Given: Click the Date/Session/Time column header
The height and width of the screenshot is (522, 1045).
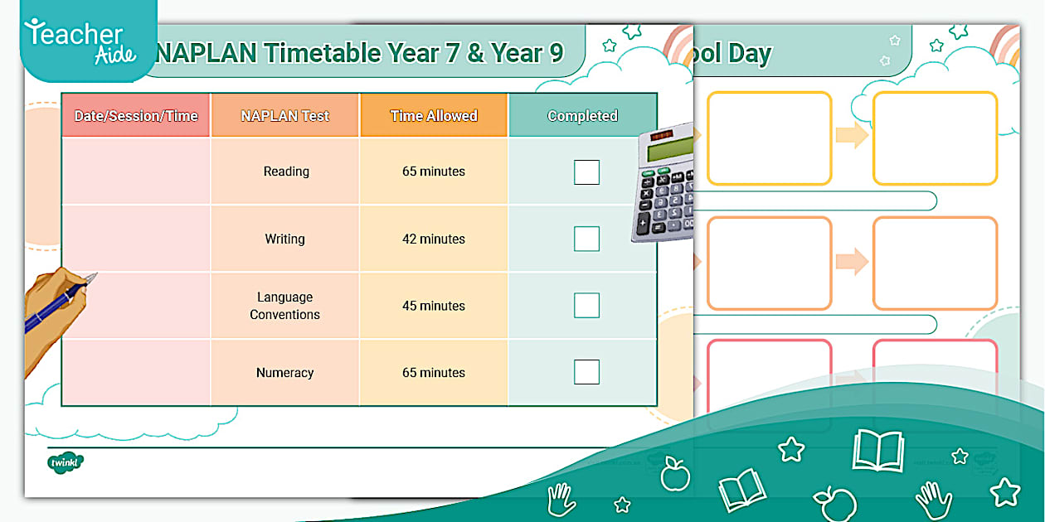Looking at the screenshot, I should point(136,115).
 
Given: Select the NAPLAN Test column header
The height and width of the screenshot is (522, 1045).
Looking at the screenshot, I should point(284,115).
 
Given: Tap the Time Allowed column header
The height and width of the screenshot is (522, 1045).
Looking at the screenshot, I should point(433,115).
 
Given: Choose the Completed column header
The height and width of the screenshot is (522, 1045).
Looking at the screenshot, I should point(582,115).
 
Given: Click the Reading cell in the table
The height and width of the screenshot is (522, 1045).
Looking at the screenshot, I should point(285,172).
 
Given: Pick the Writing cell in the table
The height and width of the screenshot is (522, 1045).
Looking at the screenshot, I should point(284,239).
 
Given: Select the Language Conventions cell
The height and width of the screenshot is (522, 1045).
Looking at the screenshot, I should point(284,306).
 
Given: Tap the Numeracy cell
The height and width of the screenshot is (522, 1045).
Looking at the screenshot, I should point(284,373).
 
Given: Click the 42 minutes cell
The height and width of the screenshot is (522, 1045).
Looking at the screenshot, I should point(433,239).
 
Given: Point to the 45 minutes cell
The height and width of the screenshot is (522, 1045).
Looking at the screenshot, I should point(433,306).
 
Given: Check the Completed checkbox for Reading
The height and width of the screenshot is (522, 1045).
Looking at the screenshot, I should point(586,172).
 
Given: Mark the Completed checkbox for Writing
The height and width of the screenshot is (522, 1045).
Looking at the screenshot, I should point(586,239).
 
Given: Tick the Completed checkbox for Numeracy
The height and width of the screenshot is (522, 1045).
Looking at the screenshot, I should point(586,372).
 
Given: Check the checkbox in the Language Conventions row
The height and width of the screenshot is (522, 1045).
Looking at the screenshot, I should point(586,305).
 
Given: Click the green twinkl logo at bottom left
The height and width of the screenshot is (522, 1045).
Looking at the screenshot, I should point(65,462).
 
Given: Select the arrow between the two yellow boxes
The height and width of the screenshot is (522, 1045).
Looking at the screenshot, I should point(851,135).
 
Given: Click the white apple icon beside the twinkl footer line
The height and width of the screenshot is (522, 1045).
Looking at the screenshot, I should point(674,475).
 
